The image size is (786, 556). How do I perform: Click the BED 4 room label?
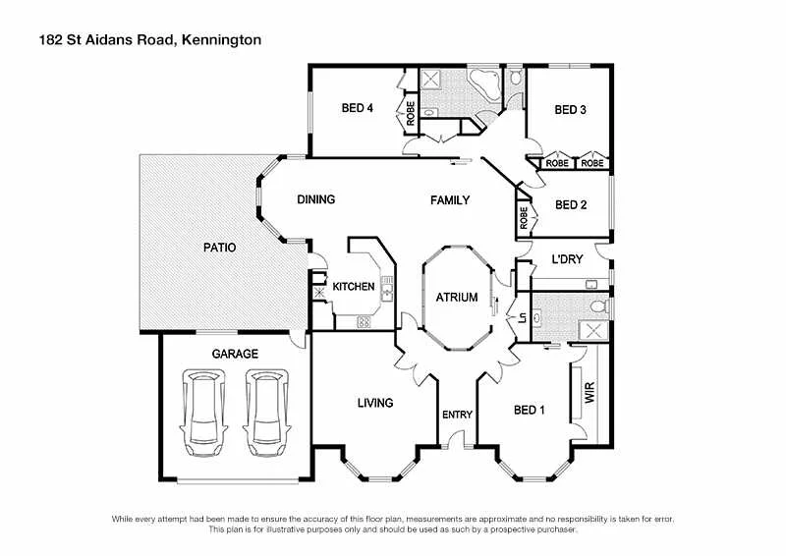(358, 108)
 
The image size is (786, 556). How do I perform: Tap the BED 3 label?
(570, 110)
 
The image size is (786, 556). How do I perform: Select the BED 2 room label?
(571, 205)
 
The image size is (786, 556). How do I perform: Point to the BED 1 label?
(529, 411)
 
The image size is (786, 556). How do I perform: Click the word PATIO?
(219, 248)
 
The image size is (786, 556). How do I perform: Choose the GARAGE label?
(236, 354)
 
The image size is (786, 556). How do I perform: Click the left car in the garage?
(201, 408)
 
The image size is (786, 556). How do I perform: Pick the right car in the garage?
(266, 408)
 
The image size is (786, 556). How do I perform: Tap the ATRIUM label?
(457, 297)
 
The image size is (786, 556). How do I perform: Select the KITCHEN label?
(353, 287)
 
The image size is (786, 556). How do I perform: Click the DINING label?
(316, 199)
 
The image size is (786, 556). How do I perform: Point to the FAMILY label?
(450, 200)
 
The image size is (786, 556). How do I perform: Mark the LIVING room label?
(375, 403)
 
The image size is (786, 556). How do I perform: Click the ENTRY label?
(457, 415)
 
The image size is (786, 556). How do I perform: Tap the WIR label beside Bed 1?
(589, 395)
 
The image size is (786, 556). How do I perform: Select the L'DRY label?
(568, 259)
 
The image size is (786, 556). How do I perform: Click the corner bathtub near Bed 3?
(485, 83)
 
